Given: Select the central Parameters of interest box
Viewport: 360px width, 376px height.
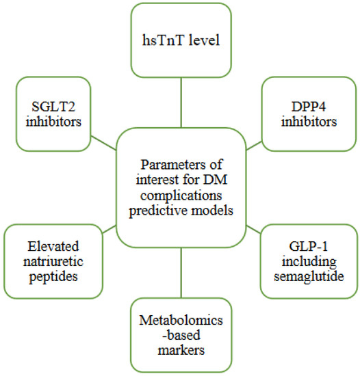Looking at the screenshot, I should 181,187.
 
